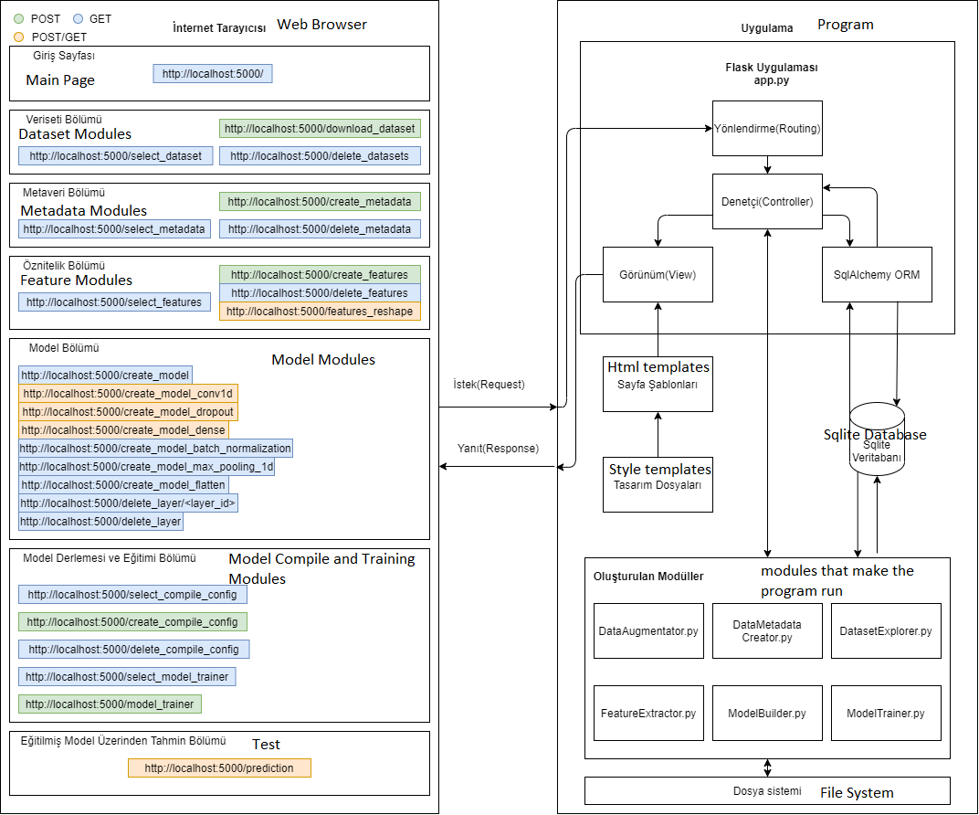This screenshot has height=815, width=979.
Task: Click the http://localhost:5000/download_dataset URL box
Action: pos(320,129)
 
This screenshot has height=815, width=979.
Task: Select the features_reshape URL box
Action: pos(320,311)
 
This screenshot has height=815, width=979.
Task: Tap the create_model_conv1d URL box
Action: pos(128,394)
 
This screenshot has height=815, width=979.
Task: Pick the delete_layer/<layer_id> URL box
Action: pos(128,503)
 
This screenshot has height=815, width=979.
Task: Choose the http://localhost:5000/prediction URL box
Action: pos(219,768)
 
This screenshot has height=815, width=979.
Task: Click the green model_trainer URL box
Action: pos(110,704)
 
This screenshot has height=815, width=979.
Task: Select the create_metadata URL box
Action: pos(320,202)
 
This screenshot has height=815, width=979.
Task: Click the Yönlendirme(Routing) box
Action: pos(767,129)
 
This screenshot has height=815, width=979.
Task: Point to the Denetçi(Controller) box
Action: pos(767,202)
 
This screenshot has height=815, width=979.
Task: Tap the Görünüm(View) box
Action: pos(658,275)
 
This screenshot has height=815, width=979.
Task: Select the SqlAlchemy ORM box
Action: pos(877,275)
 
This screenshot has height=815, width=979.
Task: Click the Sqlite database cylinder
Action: pos(877,439)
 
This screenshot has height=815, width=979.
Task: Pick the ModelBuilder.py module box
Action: pos(767,714)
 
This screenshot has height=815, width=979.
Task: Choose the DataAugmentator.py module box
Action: pos(648,630)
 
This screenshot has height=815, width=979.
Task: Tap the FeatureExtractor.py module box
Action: pos(648,714)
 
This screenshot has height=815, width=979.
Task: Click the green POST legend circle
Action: pos(19,19)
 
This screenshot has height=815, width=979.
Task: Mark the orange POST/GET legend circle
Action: pos(19,37)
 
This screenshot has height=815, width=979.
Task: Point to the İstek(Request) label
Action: pos(489,384)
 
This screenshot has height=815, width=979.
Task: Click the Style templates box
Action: pos(658,484)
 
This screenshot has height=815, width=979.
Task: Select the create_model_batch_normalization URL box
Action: pos(155,449)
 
